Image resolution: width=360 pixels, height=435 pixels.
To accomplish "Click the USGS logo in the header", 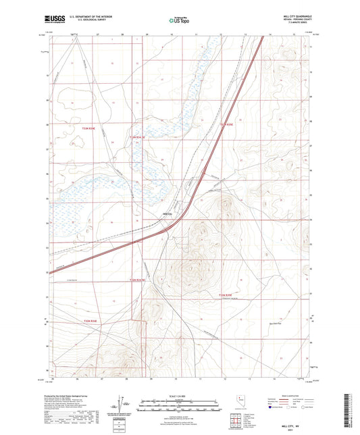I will click(55, 21).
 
